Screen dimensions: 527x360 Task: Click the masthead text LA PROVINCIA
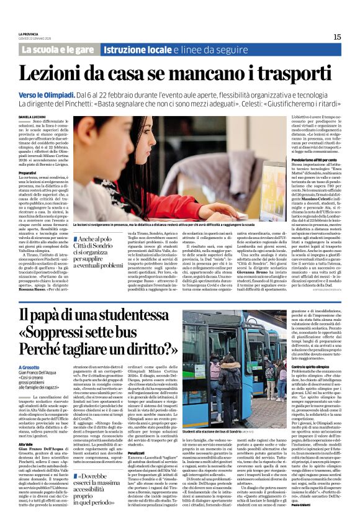29,33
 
